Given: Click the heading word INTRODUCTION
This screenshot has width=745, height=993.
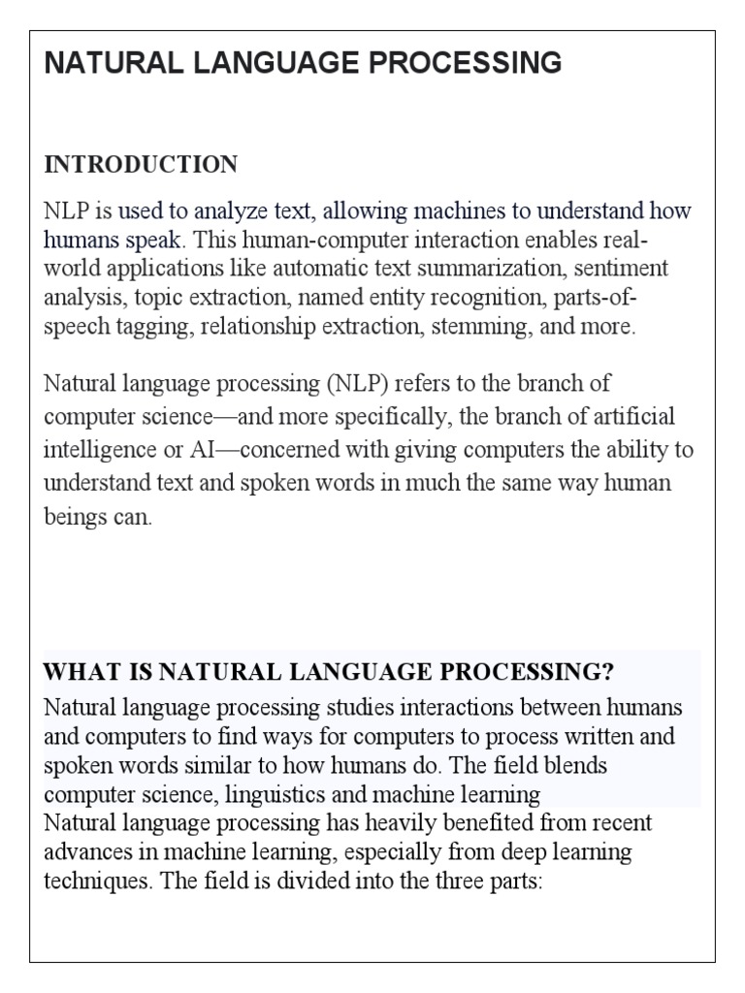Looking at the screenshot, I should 141,165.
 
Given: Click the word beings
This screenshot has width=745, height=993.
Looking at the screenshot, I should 73,517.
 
